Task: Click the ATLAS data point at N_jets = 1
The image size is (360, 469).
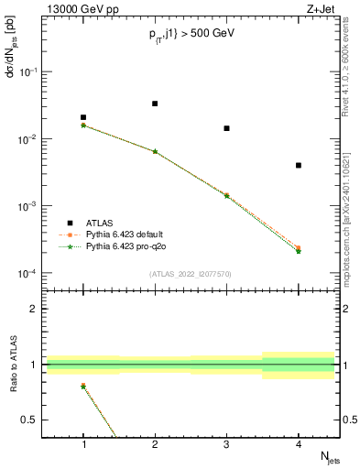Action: pyautogui.click(x=83, y=117)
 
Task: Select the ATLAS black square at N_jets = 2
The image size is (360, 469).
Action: pyautogui.click(x=155, y=104)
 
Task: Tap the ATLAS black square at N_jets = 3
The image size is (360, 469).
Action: pyautogui.click(x=226, y=128)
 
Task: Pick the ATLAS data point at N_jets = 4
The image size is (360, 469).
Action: pyautogui.click(x=299, y=166)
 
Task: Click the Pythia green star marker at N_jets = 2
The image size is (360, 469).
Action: pyautogui.click(x=155, y=151)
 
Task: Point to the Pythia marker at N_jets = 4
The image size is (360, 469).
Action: pyautogui.click(x=299, y=249)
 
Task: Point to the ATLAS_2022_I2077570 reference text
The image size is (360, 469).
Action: pyautogui.click(x=191, y=274)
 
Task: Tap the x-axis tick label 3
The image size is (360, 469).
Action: pyautogui.click(x=226, y=445)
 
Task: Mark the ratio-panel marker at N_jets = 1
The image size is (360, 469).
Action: pyautogui.click(x=83, y=386)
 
